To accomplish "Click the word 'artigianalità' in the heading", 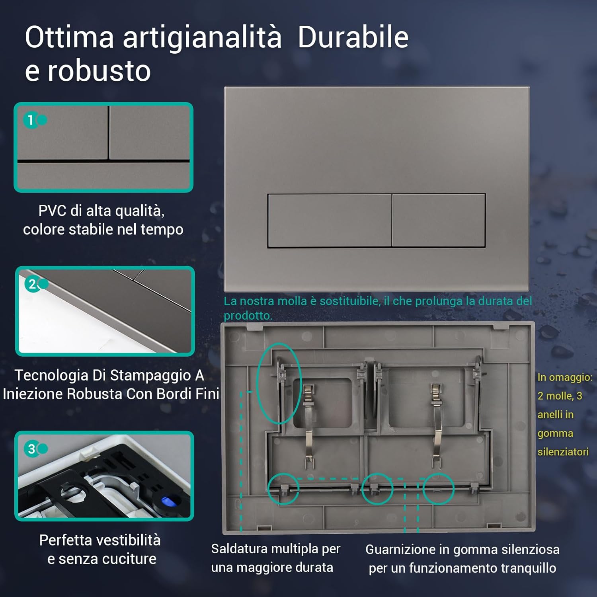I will [202, 37].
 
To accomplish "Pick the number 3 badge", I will [31, 449].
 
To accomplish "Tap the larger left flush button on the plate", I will [330, 220].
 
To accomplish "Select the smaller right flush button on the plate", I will [439, 220].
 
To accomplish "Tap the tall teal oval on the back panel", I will [279, 383].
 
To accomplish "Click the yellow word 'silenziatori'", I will [563, 452].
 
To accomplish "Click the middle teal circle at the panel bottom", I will [377, 489].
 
